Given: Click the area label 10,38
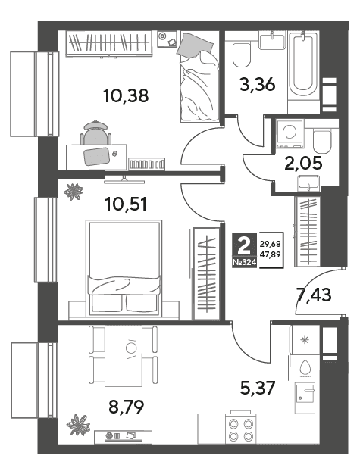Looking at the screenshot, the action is pyautogui.click(x=126, y=95).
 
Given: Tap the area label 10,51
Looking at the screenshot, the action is pyautogui.click(x=126, y=204).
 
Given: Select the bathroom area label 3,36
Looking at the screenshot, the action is pyautogui.click(x=258, y=85).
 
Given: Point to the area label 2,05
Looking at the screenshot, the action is pyautogui.click(x=303, y=164).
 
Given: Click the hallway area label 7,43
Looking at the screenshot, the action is pyautogui.click(x=314, y=295).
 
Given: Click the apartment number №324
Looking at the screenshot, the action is pyautogui.click(x=244, y=262).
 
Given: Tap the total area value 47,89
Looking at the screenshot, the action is pyautogui.click(x=270, y=254).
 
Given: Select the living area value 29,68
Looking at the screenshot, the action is pyautogui.click(x=270, y=244).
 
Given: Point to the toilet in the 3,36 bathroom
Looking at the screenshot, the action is pyautogui.click(x=242, y=54).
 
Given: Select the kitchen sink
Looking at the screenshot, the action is pyautogui.click(x=305, y=398).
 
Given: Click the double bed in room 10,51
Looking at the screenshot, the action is pyautogui.click(x=124, y=268).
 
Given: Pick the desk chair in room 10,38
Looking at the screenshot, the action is pyautogui.click(x=95, y=133).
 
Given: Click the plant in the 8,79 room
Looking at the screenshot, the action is pyautogui.click(x=78, y=424).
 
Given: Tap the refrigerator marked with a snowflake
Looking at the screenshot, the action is pyautogui.click(x=305, y=340).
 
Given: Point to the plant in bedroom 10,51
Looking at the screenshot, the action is pyautogui.click(x=73, y=192).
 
